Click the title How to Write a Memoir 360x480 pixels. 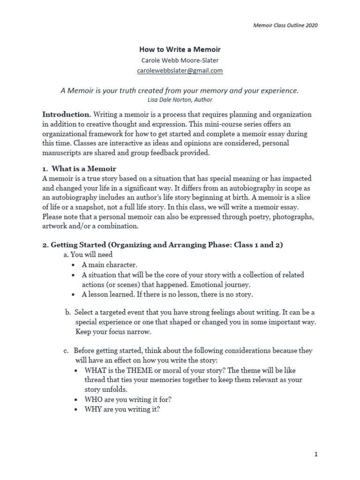[180, 49]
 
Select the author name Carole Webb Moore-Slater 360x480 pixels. [180, 60]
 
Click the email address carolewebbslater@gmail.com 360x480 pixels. [180, 71]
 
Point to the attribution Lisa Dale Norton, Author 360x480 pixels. [180, 99]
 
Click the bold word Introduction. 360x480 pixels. [67, 114]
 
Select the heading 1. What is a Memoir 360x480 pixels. [79, 168]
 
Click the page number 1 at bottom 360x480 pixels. [316, 454]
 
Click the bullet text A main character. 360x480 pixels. [109, 265]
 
